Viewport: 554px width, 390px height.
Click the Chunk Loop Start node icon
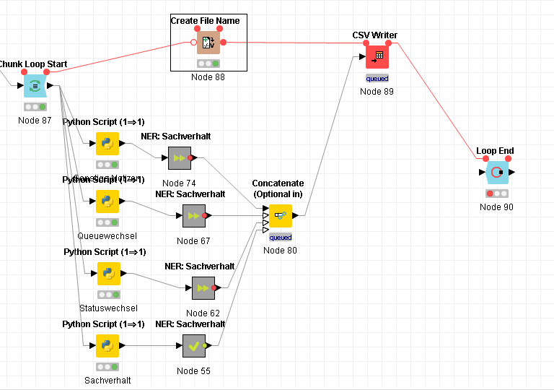[x=35, y=86]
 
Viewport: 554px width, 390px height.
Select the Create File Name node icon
[x=208, y=43]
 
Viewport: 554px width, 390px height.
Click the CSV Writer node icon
[x=377, y=57]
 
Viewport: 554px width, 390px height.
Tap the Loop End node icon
[x=496, y=173]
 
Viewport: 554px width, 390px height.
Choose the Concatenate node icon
[x=280, y=216]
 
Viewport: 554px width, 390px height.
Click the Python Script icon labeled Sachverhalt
[x=107, y=346]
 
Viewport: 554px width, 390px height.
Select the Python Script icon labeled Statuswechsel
[x=107, y=274]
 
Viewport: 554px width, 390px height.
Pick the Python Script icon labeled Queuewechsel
[x=107, y=201]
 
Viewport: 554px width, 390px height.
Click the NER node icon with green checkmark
[x=194, y=346]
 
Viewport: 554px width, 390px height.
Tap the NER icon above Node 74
[x=179, y=158]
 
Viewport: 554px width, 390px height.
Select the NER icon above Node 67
[x=193, y=215]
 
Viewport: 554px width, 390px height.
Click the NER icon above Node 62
[x=203, y=288]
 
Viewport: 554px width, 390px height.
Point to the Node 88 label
[x=208, y=77]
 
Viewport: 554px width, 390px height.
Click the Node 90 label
[x=496, y=207]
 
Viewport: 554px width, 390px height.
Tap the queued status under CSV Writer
[x=377, y=78]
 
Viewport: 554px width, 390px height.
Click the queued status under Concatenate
[x=280, y=237]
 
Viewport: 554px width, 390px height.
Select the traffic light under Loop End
[x=496, y=194]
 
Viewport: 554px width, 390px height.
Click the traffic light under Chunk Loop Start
[x=35, y=107]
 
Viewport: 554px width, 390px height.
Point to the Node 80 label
[x=280, y=251]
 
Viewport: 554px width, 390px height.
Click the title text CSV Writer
[x=374, y=35]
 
